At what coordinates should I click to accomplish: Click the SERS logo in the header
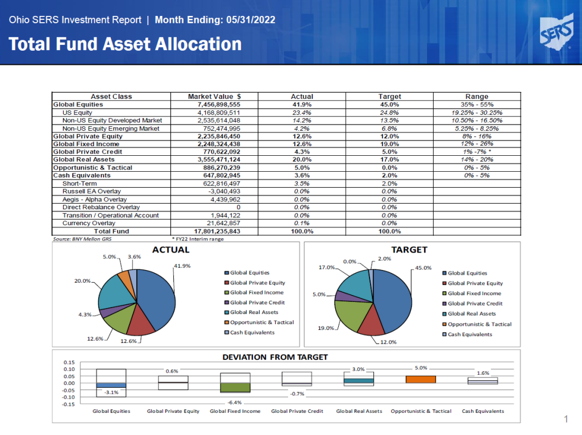556,32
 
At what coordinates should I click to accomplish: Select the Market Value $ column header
214,97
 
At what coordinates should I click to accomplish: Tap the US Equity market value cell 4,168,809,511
219,113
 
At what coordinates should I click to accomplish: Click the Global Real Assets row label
84,159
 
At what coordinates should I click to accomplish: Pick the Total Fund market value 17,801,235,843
217,231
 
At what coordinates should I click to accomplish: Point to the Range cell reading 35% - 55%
477,105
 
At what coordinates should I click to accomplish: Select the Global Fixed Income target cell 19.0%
389,144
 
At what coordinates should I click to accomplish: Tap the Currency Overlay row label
89,223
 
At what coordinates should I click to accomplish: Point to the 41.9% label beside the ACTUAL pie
182,266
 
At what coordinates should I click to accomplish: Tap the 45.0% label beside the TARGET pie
423,268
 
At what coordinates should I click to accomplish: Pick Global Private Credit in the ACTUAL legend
257,303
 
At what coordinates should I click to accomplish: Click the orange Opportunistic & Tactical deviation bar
421,379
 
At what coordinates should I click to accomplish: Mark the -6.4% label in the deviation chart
235,403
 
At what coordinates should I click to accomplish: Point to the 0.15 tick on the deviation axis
69,362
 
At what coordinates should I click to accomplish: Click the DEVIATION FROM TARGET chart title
275,357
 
